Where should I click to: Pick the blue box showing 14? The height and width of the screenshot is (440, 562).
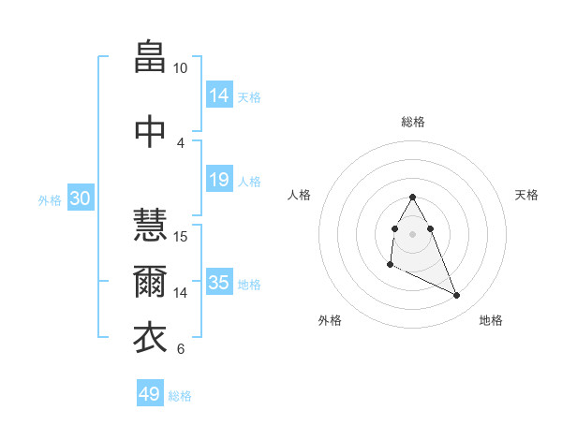pos(219,95)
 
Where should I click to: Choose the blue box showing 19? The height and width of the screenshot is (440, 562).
pos(219,180)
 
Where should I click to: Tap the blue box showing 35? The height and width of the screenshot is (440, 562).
pos(219,283)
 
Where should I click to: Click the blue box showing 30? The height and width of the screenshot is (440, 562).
pos(80,198)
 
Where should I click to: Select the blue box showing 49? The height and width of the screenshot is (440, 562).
pos(150,394)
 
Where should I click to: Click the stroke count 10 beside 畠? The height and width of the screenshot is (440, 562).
pos(180,69)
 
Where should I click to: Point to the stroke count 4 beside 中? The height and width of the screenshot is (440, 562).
pos(180,143)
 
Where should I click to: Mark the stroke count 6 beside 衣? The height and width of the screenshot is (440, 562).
pos(180,349)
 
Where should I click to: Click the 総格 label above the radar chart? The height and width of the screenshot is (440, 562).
pos(412,122)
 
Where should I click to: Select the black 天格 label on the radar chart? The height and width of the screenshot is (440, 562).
pos(526,195)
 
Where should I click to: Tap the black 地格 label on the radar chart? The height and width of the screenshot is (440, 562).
pos(491,320)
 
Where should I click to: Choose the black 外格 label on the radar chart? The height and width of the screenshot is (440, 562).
pos(330,320)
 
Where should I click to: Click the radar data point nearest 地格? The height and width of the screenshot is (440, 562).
pos(457,296)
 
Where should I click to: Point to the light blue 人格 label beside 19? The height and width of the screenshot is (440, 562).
pos(249,181)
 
